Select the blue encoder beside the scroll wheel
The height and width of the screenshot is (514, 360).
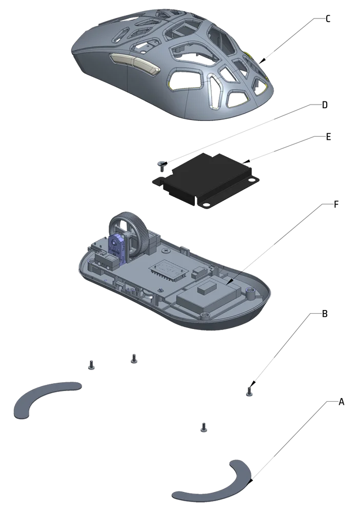(x=117, y=246)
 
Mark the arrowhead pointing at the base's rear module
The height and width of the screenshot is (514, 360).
(x=230, y=280)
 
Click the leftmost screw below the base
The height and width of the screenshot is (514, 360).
(x=91, y=365)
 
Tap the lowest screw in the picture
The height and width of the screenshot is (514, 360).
(x=204, y=427)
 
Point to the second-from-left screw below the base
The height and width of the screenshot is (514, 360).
(x=133, y=358)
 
